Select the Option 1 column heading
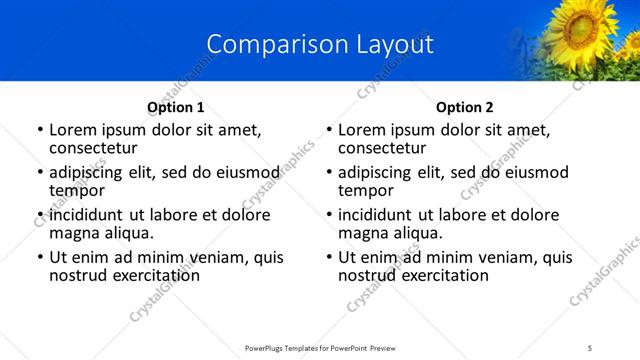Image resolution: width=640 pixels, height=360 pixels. (175, 107)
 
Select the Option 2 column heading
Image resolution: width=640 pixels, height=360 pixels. (464, 107)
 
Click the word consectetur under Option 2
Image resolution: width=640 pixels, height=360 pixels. (381, 148)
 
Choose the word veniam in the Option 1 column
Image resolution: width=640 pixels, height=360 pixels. (197, 257)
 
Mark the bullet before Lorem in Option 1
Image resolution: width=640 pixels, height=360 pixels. (40, 130)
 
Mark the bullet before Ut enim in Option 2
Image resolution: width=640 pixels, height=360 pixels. (329, 257)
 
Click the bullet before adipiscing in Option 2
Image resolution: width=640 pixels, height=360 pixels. (329, 172)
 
